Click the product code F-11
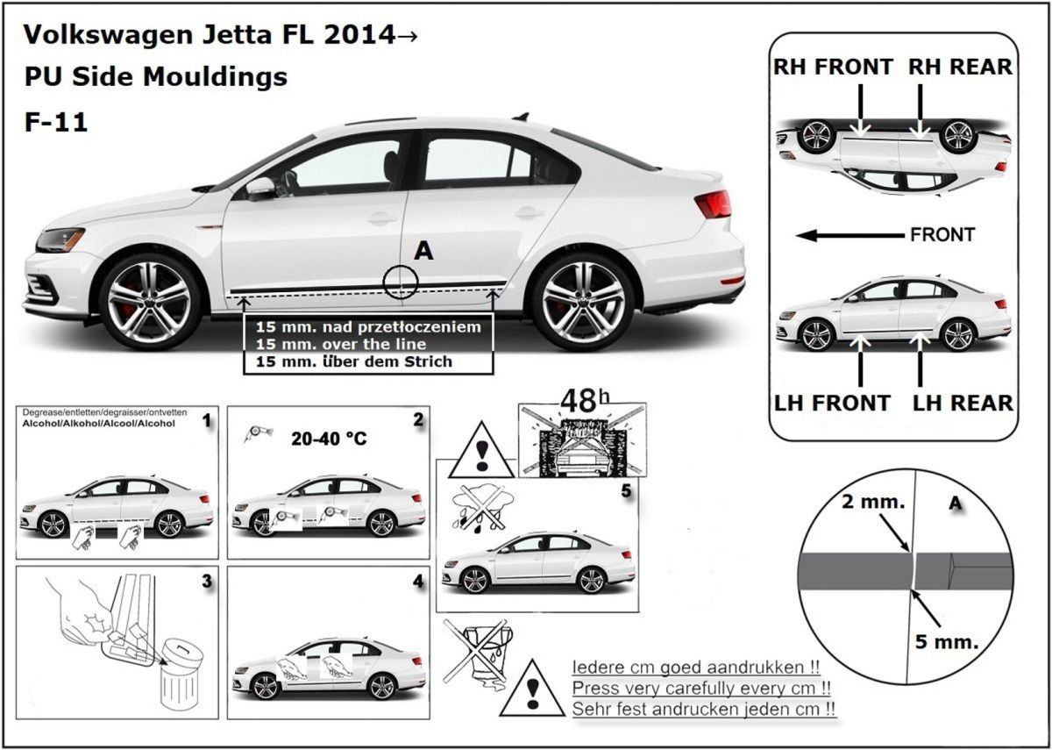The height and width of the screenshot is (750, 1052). [55, 122]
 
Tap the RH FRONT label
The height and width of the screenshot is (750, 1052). [833, 68]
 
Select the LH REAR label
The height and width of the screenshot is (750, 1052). [963, 404]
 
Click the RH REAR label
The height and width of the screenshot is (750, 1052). [960, 68]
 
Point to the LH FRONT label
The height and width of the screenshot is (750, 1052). [832, 404]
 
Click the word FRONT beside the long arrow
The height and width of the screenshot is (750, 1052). [942, 235]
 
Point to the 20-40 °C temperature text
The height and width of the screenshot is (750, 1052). [328, 439]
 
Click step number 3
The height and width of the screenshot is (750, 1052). [206, 581]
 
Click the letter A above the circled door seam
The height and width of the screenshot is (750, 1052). [423, 252]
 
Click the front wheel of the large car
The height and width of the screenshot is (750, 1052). [146, 300]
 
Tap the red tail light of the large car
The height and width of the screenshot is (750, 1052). [714, 204]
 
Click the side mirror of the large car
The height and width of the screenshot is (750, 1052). [259, 188]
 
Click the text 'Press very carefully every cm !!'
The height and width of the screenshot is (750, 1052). [701, 688]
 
